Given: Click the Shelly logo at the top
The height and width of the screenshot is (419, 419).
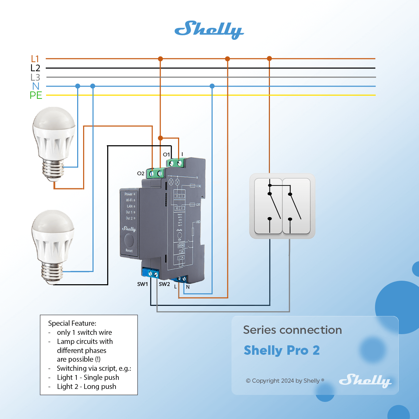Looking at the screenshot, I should tap(209, 29).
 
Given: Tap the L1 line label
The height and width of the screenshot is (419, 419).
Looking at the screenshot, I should tap(35, 59).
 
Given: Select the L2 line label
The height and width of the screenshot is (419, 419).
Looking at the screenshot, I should tap(35, 68).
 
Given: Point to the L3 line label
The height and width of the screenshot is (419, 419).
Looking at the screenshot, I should tap(35, 77).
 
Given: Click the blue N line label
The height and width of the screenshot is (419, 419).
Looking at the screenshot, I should tap(36, 86).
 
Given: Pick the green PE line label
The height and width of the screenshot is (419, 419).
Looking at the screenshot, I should tap(36, 95).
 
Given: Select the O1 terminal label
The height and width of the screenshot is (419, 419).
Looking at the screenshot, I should tap(166, 154).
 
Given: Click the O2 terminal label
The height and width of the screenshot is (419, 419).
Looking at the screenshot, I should tap(141, 173).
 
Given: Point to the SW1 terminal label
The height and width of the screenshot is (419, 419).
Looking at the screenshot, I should tap(142, 284).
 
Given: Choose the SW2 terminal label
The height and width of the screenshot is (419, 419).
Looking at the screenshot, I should tap(164, 284).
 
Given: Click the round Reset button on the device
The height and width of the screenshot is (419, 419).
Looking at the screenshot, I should tap(129, 240).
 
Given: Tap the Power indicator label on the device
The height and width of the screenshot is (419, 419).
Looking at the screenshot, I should tap(128, 194).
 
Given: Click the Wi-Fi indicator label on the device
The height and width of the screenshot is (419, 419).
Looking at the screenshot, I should tap(129, 200).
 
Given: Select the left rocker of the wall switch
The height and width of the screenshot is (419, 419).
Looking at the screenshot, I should tap(268, 206).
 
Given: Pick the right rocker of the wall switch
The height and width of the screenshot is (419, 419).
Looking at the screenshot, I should tap(296, 206).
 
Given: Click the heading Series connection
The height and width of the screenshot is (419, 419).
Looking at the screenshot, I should tap(293, 330).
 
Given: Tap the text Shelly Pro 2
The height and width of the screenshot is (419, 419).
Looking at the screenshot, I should tap(282, 350).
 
